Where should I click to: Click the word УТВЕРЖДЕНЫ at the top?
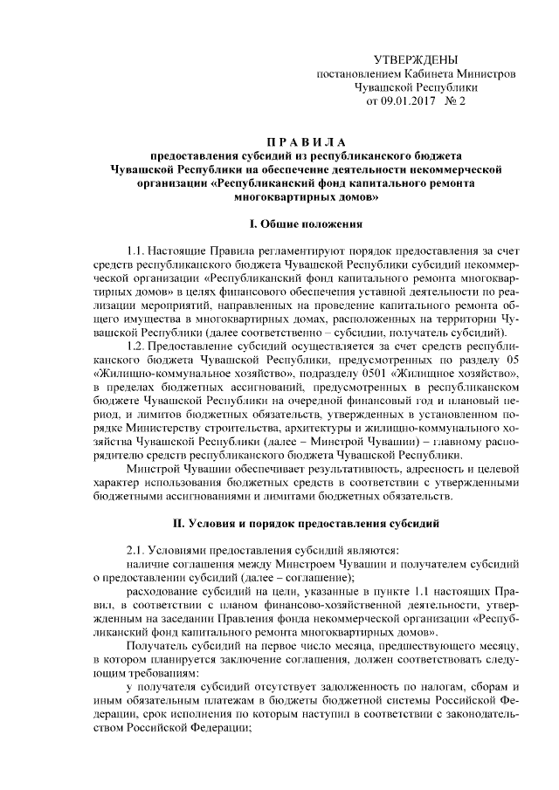point(415,60)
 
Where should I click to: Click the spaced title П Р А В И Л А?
point(306,142)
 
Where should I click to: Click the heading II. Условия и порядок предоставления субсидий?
point(306,522)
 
